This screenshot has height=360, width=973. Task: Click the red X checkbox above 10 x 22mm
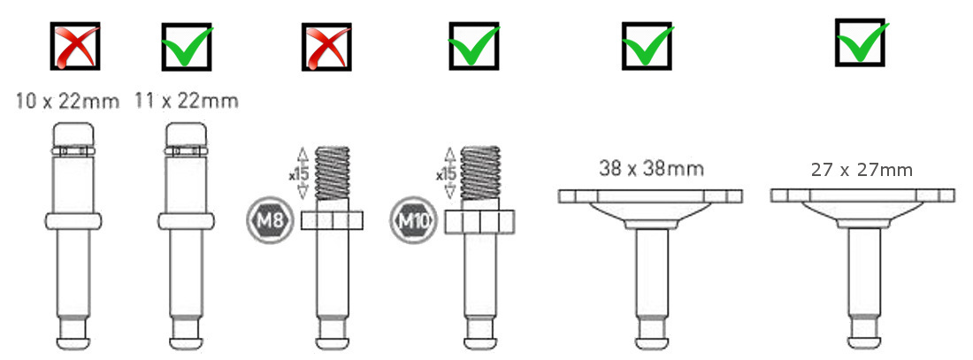[x=75, y=47]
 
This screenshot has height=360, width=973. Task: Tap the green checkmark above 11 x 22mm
[x=187, y=47]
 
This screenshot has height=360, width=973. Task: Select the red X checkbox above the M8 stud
[x=326, y=47]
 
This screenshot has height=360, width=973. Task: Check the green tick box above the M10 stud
[x=474, y=46]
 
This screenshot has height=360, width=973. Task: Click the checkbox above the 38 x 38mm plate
[x=647, y=46]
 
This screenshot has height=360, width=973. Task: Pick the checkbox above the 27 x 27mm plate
[x=861, y=42]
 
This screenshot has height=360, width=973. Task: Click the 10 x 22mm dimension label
[x=67, y=101]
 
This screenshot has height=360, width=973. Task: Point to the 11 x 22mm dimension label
[x=186, y=101]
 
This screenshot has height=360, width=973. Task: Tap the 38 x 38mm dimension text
[x=652, y=167]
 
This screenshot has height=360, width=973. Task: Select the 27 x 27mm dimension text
[x=862, y=170]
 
